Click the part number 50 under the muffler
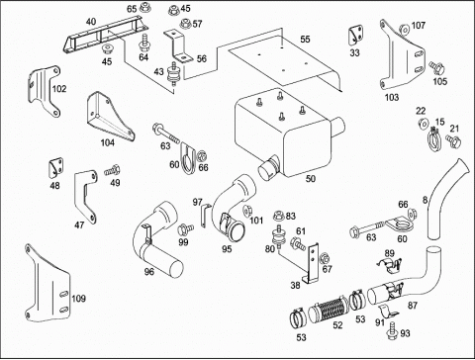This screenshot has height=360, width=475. coord(311,179)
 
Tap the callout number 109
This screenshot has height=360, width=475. coord(78,299)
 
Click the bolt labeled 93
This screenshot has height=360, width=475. coord(393,330)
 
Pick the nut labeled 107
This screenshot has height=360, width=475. coord(404,30)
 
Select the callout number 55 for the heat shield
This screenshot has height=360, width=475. coord(305,40)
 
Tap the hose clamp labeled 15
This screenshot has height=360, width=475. coord(434,139)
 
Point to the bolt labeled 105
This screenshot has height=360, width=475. coord(437,68)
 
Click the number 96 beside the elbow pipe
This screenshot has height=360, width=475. coord(149,272)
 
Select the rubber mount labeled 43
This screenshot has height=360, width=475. coord(172,76)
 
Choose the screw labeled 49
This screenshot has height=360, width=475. coord(113,170)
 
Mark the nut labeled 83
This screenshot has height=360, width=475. coord(279,217)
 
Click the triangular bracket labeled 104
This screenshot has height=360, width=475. coord(110,116)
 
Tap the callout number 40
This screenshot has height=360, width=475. coord(91,22)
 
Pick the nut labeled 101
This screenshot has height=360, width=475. coord(246,211)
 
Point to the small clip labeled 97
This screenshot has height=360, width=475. coord(205,216)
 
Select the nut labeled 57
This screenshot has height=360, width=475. coord(185,24)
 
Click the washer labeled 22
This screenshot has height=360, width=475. coord(423,123)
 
